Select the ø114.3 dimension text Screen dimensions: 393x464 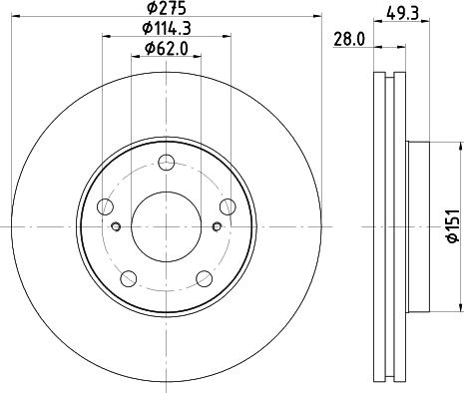point(167,28)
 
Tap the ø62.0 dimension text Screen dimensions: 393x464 point(167,47)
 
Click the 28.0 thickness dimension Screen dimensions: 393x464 point(347,40)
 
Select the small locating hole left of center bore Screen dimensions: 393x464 point(116,227)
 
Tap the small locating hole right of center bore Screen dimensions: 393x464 point(218,227)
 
